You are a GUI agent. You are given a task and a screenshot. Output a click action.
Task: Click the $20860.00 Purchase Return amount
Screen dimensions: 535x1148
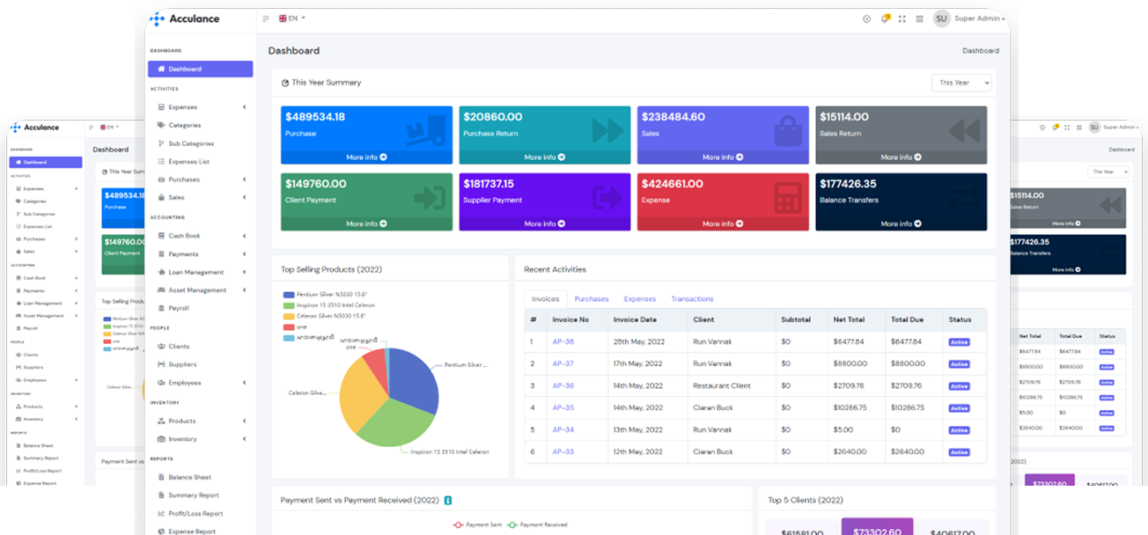[x=493, y=117]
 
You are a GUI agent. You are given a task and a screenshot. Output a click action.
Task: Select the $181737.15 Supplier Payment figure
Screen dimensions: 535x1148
[x=501, y=184]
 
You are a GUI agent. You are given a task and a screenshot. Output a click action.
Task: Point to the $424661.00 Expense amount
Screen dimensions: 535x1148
[x=673, y=184]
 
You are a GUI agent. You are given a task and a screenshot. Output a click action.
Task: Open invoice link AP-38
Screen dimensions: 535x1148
[x=563, y=341]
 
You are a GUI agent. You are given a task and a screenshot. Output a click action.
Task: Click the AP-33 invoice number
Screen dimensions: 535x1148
[x=563, y=451]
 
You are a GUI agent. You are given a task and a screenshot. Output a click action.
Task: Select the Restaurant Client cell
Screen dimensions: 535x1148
[x=722, y=385]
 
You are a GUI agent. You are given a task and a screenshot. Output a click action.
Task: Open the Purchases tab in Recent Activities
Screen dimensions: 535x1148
[x=592, y=299]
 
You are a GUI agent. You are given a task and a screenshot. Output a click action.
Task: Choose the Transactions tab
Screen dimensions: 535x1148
[x=692, y=299]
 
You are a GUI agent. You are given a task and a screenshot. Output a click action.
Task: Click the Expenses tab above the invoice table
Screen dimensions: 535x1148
[x=640, y=299]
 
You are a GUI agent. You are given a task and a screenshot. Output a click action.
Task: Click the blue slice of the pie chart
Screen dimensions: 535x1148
[x=414, y=378]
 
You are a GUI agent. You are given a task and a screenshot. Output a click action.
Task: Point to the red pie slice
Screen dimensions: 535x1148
[x=376, y=362]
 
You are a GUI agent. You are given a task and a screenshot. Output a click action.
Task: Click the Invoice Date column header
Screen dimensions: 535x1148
[x=635, y=319]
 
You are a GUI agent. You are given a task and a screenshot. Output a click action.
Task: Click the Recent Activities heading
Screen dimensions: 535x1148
[x=555, y=269]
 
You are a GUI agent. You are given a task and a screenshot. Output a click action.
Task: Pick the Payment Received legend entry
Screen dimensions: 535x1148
[x=538, y=525]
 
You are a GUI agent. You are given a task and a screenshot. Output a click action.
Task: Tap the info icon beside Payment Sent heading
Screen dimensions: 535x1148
[x=448, y=501]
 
